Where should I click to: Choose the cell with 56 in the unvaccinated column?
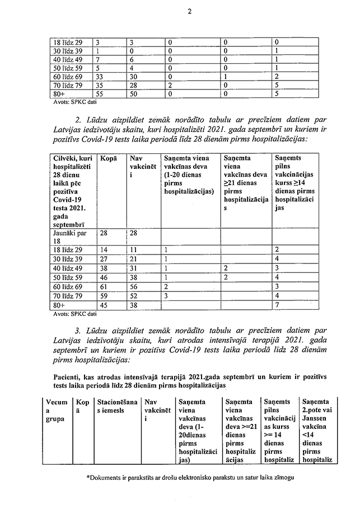click(x=133, y=286)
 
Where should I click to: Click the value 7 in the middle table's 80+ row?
click(x=277, y=305)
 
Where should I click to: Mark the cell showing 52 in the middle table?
click(x=133, y=295)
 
